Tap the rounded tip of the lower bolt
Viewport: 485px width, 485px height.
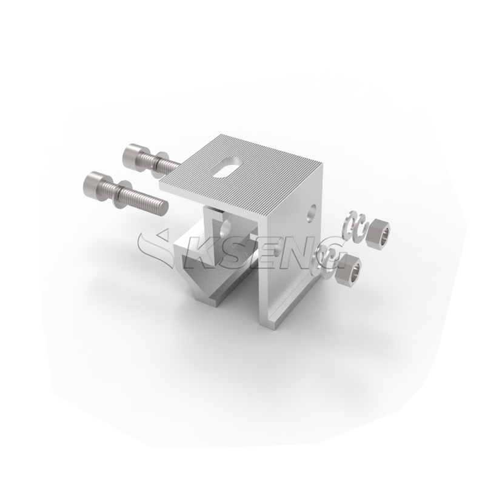(x=164, y=208)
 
